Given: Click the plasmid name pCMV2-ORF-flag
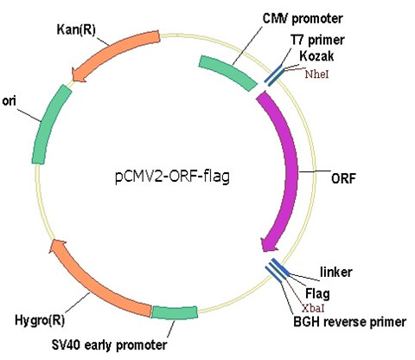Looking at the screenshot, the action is tap(172, 177).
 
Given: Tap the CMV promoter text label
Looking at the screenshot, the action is tap(303, 19).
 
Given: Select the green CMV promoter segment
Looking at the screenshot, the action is tap(227, 73).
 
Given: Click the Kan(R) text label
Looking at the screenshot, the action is tap(76, 29).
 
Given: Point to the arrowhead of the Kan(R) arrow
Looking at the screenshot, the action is tap(78, 74).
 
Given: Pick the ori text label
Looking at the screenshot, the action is tap(10, 101).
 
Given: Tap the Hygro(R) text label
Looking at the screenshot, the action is tap(40, 320).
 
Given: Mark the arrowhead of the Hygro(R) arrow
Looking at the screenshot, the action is tap(57, 247).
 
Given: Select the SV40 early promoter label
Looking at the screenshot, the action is tap(110, 344).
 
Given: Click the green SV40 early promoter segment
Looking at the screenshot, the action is tap(175, 312).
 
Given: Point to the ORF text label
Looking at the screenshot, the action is tap(343, 178).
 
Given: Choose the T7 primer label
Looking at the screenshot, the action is tap(317, 41).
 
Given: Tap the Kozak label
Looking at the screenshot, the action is tap(316, 56).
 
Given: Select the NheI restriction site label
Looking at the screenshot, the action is tap(317, 74).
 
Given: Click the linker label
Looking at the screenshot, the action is tap(336, 272).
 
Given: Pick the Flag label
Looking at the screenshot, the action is tap(317, 293).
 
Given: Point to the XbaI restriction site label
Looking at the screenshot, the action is tap(313, 308).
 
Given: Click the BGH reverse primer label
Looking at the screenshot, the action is tap(349, 322).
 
